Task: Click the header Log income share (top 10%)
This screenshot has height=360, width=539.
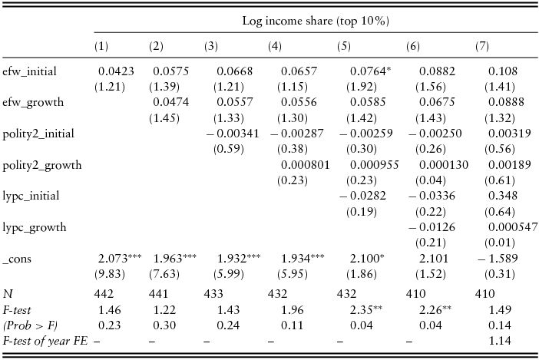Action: pos(315,21)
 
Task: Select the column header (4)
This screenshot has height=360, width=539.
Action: pos(274,47)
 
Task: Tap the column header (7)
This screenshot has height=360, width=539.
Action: pos(482,47)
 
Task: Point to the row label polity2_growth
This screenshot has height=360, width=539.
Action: pos(41,164)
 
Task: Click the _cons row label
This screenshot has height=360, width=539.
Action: pos(18,259)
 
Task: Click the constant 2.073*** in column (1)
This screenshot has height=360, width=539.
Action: pos(120,259)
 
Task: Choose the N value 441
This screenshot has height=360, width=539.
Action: pos(159,294)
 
